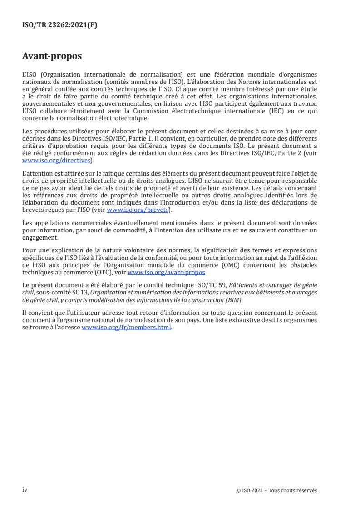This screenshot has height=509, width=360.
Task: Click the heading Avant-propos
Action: (52, 56)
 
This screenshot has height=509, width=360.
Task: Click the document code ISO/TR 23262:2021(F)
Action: (59, 25)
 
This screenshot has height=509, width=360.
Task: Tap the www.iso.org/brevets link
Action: (137, 210)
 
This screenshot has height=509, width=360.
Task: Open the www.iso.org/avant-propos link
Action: (167, 273)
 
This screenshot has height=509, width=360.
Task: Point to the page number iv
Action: (25, 490)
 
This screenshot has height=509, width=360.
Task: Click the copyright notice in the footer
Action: (276, 490)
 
